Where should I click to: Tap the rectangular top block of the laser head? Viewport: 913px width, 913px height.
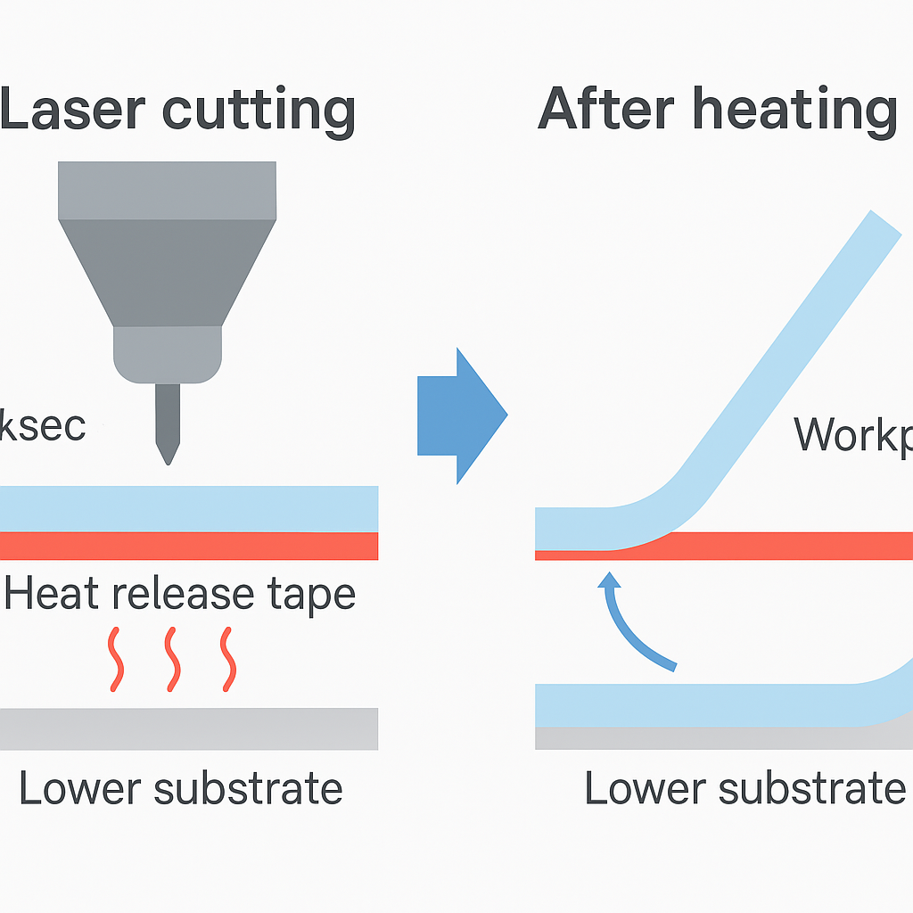168,190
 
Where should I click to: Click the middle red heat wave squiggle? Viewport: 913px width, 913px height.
172,659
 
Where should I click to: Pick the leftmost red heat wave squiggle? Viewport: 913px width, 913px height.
117,659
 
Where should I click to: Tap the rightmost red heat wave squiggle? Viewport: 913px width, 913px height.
228,659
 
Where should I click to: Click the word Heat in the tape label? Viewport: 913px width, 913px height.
49,594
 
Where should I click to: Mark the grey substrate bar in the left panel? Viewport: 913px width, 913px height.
189,728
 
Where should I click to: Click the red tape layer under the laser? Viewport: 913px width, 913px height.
189,546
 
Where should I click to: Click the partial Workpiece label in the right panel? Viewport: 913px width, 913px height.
852,434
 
